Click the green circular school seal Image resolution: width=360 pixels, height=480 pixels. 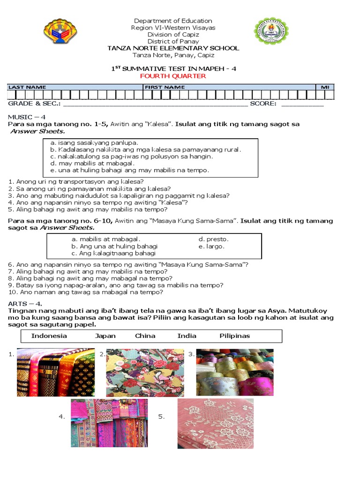271,31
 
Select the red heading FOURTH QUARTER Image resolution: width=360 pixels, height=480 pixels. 173,76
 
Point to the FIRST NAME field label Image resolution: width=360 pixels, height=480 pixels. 165,87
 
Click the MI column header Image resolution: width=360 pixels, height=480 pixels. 324,87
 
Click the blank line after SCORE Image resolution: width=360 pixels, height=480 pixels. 302,104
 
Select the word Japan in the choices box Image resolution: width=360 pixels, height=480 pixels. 105,336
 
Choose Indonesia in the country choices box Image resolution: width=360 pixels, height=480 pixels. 49,336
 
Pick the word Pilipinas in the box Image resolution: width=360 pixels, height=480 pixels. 234,336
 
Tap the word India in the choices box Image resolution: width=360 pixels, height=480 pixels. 187,336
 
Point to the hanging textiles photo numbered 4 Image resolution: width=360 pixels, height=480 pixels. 109,422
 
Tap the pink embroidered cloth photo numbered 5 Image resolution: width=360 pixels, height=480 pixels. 215,423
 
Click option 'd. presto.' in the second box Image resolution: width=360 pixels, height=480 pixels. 213,239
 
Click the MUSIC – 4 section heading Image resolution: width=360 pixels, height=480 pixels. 26,116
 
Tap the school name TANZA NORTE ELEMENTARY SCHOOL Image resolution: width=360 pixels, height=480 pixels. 173,48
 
